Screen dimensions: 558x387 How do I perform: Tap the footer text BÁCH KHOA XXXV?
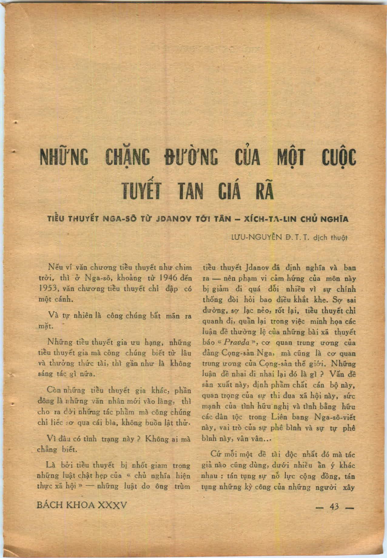pos(81,505)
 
